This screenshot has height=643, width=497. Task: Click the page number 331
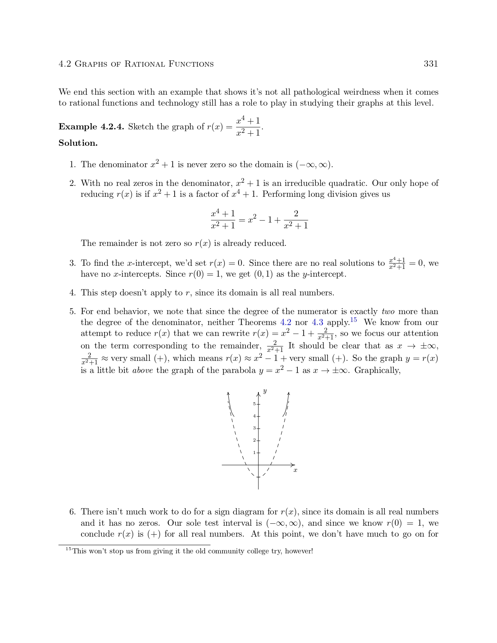click(x=431, y=64)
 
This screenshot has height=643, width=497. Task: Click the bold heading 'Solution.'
click(x=78, y=143)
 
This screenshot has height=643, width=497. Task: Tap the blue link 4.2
click(x=286, y=322)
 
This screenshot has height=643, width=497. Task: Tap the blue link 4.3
click(x=317, y=322)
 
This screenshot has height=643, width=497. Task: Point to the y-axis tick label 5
click(x=254, y=404)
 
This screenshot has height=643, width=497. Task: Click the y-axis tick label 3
click(x=254, y=428)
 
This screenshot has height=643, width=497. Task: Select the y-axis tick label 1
click(x=254, y=452)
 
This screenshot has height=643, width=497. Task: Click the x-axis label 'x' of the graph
click(x=295, y=470)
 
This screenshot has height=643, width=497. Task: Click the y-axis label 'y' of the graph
click(x=265, y=391)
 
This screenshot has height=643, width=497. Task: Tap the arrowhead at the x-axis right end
click(x=293, y=465)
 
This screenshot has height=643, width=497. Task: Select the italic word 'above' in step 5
click(x=143, y=370)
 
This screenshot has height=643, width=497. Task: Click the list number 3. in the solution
click(x=73, y=263)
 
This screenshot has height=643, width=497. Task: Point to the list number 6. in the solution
click(x=73, y=512)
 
